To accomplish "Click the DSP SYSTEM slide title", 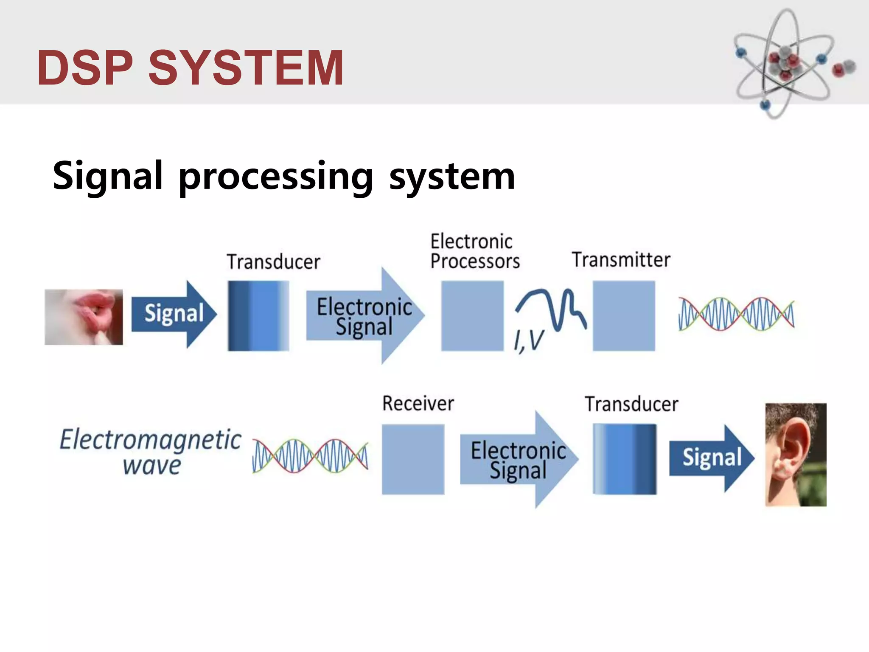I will [190, 68].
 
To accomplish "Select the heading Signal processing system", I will [283, 176].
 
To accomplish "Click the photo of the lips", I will [84, 317].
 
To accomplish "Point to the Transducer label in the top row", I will [273, 261].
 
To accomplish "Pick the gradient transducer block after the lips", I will [258, 315].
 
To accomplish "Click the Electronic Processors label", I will [474, 251].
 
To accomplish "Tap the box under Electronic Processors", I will [472, 315].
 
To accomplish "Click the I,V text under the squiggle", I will [528, 341].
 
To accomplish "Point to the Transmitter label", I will [621, 260].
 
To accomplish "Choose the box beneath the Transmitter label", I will [623, 315].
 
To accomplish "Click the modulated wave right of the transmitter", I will [736, 314].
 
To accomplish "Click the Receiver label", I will [418, 403].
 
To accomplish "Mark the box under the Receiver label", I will [413, 459].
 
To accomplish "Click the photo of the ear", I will [796, 454].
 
